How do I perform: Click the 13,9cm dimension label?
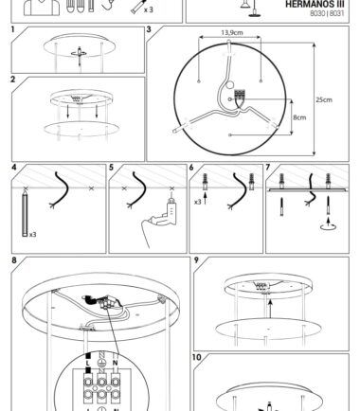pyautogui.click(x=232, y=32)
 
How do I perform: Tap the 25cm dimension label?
pyautogui.click(x=324, y=99)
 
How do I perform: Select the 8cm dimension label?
pyautogui.click(x=299, y=117)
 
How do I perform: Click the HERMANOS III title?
pyautogui.click(x=315, y=5)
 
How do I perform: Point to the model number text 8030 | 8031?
pyautogui.click(x=327, y=13)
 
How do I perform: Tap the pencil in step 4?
pyautogui.click(x=25, y=211)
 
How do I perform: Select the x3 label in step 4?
pyautogui.click(x=33, y=235)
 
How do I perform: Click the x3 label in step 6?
pyautogui.click(x=198, y=202)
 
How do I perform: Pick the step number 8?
pyautogui.click(x=14, y=260)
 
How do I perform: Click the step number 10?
pyautogui.click(x=196, y=357)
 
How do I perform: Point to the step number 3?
pyautogui.click(x=149, y=29)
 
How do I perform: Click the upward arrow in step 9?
pyautogui.click(x=271, y=309)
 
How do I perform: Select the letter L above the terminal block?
pyautogui.click(x=88, y=364)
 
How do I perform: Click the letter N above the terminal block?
pyautogui.click(x=116, y=363)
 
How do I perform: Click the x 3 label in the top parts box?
pyautogui.click(x=148, y=9)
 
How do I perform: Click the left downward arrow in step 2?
pyautogui.click(x=68, y=112)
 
